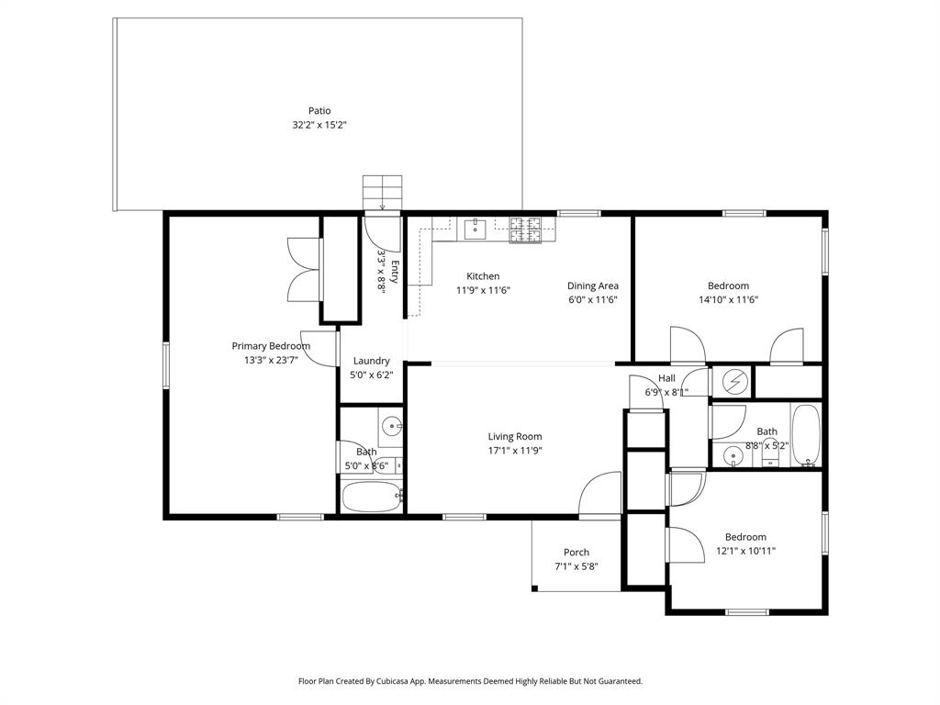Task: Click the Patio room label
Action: (319, 111)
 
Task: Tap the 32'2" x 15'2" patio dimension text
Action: (319, 125)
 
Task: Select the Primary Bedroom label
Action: (271, 346)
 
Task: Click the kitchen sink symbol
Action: (475, 228)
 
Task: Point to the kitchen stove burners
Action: (526, 229)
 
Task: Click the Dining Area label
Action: (592, 285)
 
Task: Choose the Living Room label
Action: (515, 437)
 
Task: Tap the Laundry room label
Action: (372, 361)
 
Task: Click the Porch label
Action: (576, 553)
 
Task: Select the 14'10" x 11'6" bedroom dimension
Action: (728, 299)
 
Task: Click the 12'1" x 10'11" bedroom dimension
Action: (745, 551)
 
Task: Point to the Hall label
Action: (666, 378)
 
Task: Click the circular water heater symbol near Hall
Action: (734, 381)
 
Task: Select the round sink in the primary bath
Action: (392, 426)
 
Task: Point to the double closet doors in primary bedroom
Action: (303, 269)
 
